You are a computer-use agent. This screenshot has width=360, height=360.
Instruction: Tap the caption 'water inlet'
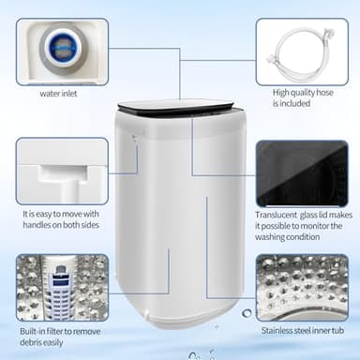click(57, 93)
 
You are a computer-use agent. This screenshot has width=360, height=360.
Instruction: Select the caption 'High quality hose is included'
click(299, 97)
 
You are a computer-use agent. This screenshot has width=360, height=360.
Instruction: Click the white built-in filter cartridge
click(59, 286)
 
